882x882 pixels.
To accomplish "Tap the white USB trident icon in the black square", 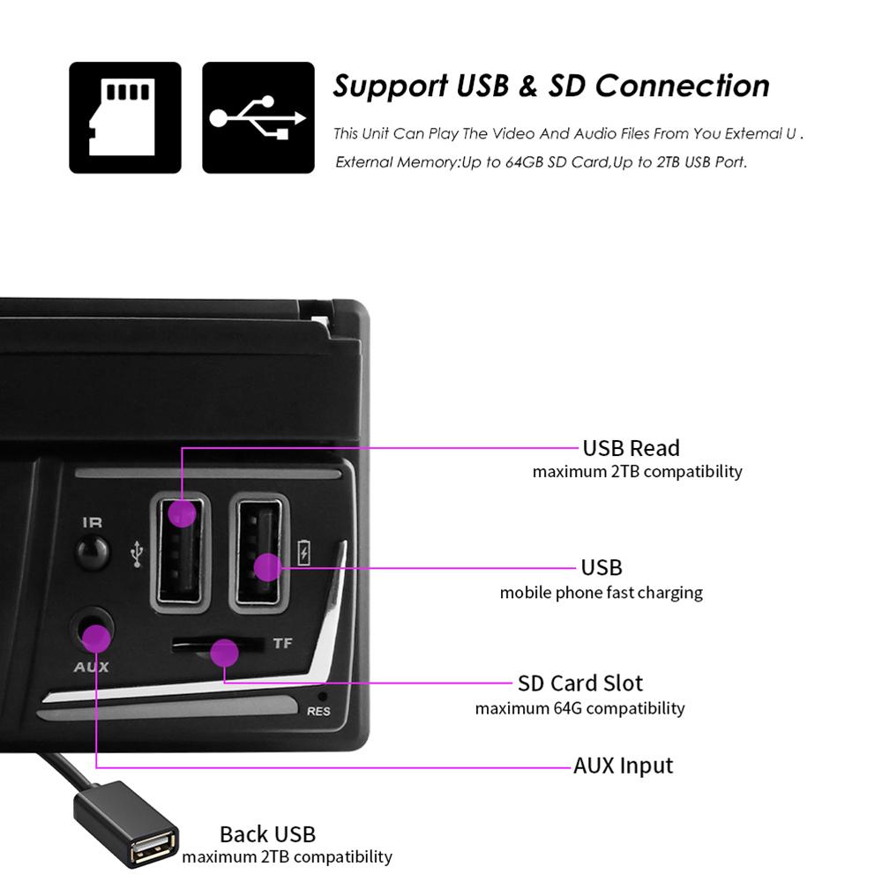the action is [258, 117].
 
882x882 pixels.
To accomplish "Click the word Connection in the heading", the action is [683, 86].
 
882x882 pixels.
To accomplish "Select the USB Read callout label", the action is [632, 448].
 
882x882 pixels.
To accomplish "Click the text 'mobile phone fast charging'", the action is [602, 593].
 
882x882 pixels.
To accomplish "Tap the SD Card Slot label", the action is [580, 684].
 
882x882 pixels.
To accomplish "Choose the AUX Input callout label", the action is [624, 766].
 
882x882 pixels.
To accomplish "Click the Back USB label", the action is [268, 834].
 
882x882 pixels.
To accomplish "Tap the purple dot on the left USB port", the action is [182, 513].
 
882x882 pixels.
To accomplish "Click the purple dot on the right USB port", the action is [268, 567].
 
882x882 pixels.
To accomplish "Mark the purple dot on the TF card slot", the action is [224, 653].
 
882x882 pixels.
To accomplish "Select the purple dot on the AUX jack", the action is [96, 639].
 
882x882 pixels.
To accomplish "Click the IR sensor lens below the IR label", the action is [93, 552].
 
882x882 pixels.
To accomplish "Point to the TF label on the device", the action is [282, 643].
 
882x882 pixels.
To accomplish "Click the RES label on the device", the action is [318, 712].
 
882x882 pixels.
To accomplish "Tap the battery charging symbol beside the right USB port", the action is [303, 552].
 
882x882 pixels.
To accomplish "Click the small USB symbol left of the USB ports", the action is [137, 554].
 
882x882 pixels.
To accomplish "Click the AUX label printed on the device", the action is [91, 667].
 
